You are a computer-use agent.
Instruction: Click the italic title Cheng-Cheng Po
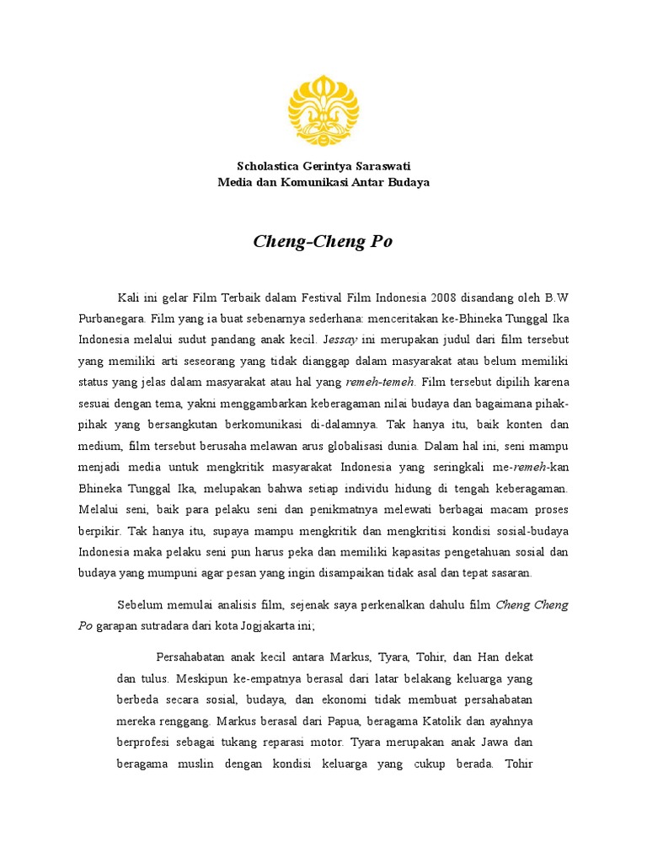click(x=323, y=242)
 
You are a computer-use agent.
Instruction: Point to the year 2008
click(x=443, y=297)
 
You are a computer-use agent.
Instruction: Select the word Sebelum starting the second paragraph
click(x=138, y=605)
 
